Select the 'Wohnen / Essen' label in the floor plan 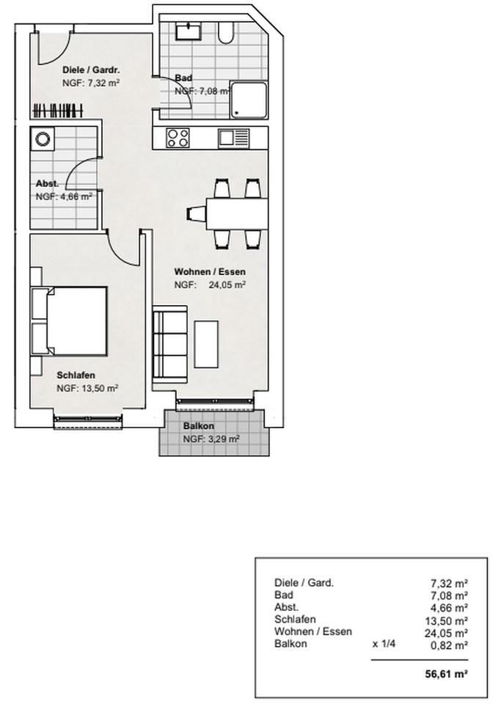209,272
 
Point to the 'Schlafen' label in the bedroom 76,375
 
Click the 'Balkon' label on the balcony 199,426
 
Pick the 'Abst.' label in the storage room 48,184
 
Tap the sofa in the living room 169,343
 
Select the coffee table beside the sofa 206,343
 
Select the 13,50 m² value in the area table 449,620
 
